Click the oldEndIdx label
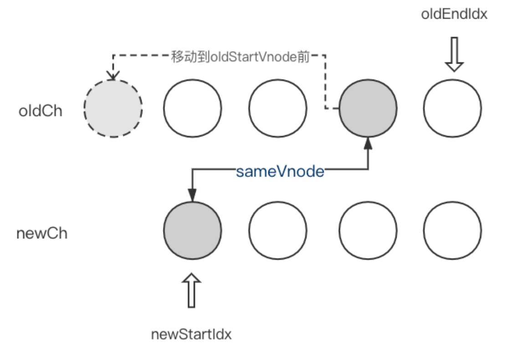tap(454, 14)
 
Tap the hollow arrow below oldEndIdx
tap(454, 54)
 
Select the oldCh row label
tap(41, 111)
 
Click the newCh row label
tap(42, 233)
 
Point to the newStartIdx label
tap(191, 334)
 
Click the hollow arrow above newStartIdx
tap(192, 290)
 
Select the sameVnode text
tap(280, 171)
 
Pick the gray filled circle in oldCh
tap(368, 108)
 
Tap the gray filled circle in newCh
tap(193, 231)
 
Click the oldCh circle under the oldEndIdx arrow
tap(453, 108)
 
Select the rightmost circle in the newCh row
tap(453, 231)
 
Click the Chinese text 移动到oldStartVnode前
tap(240, 56)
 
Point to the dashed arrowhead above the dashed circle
tap(113, 76)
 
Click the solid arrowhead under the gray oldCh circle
tap(368, 143)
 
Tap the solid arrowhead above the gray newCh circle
tap(193, 195)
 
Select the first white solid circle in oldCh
tap(193, 108)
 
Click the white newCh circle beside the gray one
tap(278, 231)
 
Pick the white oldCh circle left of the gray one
tap(278, 108)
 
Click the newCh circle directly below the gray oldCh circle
tap(368, 231)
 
